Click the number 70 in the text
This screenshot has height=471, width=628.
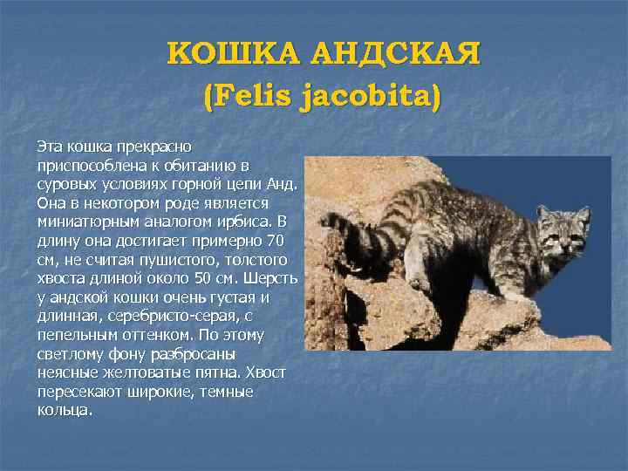click(276, 240)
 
